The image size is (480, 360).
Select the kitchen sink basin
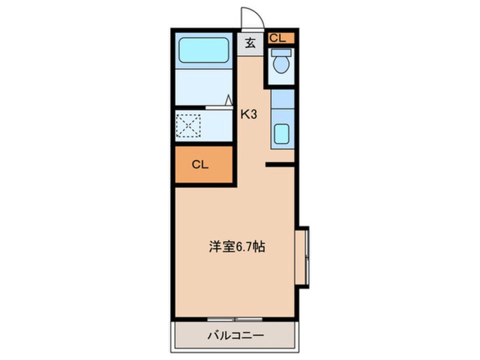tap(281, 134)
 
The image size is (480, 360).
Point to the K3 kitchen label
tap(249, 114)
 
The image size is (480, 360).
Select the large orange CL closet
tap(204, 165)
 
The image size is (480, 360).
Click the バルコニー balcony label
tap(235, 336)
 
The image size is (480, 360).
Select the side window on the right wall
tap(302, 257)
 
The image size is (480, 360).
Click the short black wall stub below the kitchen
tap(280, 165)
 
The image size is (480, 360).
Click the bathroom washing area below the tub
tap(204, 86)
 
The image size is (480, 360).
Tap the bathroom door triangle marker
tap(229, 101)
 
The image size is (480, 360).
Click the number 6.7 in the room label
tap(246, 248)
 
